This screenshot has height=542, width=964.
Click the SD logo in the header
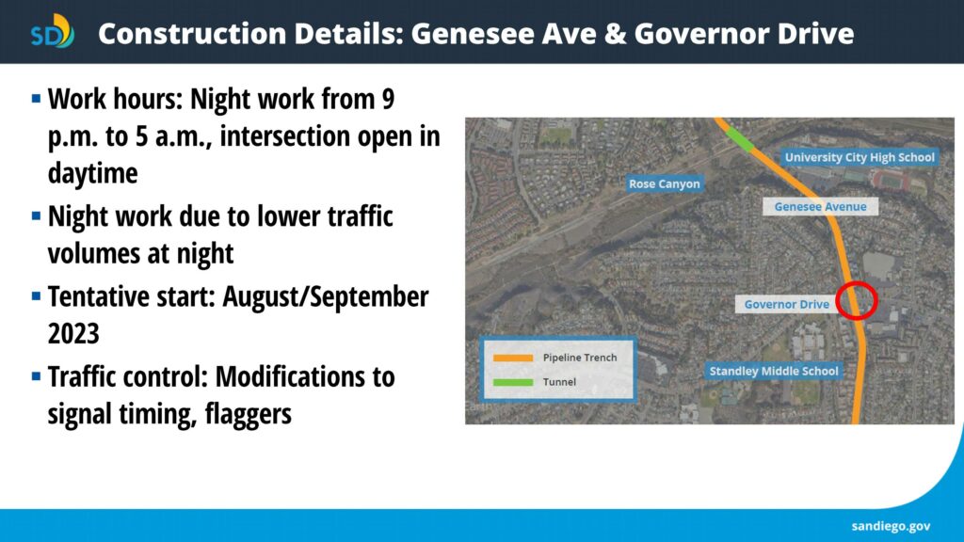53,31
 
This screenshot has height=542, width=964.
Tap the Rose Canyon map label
664,183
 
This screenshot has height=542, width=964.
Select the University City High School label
860,157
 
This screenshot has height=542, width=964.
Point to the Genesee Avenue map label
820,206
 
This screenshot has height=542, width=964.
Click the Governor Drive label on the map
786,304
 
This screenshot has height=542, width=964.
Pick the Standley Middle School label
774,371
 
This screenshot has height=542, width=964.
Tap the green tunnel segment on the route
740,139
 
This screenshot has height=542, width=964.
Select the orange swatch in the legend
513,358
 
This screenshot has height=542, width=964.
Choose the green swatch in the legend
513,382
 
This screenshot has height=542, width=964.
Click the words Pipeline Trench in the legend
580,358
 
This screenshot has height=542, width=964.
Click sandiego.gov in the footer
891,526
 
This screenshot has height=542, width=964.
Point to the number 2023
73,334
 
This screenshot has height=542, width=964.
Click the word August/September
325,296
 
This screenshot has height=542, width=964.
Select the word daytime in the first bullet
93,173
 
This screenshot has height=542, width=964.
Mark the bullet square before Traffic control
37,375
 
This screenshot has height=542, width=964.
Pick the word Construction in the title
192,33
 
